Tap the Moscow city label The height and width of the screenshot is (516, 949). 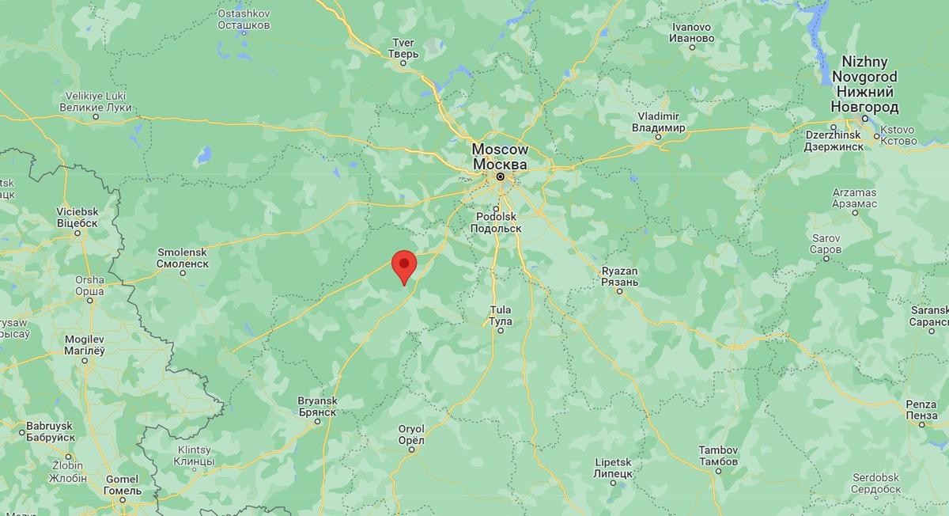(499, 157)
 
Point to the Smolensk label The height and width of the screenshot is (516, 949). (183, 257)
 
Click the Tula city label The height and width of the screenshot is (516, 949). (500, 315)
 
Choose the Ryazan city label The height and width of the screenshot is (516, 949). (619, 276)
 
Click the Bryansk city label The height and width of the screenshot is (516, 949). (317, 407)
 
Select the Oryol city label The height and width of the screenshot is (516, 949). (411, 434)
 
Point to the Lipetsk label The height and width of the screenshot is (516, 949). (612, 467)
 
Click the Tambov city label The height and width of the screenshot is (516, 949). (718, 456)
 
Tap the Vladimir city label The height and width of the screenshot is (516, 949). (658, 122)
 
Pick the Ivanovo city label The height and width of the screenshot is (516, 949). (691, 32)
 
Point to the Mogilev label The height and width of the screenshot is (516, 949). (85, 344)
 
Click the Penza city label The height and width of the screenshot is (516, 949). (921, 410)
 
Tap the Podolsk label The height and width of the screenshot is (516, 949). (496, 222)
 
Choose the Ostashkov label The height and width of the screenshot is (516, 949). (244, 20)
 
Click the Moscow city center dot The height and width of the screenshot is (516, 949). (500, 176)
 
